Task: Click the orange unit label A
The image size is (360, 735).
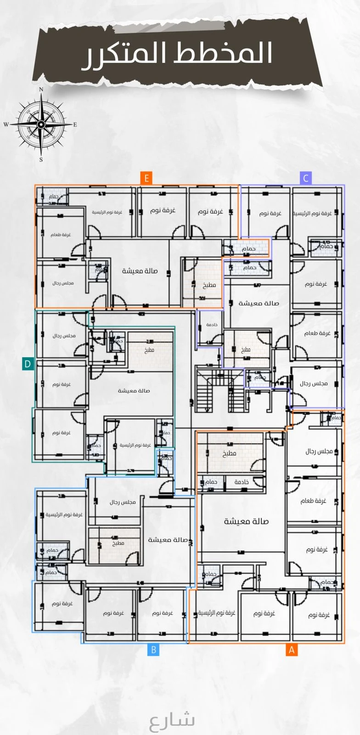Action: (x=291, y=650)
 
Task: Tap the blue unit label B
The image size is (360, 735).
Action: (x=154, y=650)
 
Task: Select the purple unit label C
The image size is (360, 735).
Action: (x=306, y=178)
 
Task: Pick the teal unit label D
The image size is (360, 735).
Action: (x=28, y=364)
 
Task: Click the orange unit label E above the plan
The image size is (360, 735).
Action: (x=146, y=178)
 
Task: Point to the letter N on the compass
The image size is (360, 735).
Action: (x=41, y=90)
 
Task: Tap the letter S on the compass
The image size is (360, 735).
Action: (x=41, y=160)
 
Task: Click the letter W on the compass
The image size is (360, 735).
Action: (x=6, y=124)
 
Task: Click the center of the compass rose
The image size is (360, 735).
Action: (x=41, y=124)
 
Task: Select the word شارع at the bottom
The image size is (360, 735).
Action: (x=172, y=720)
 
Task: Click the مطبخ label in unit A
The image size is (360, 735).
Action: (x=230, y=453)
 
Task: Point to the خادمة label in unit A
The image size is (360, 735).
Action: (x=242, y=482)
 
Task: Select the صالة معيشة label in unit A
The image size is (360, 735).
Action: (x=247, y=521)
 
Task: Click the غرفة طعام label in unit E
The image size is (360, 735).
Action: (x=61, y=235)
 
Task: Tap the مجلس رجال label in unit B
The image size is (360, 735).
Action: (x=123, y=502)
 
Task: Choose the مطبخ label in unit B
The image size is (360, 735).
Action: (x=118, y=543)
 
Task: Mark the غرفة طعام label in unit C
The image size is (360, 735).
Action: (x=317, y=333)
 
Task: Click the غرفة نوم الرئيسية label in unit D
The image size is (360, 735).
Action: (x=135, y=445)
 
